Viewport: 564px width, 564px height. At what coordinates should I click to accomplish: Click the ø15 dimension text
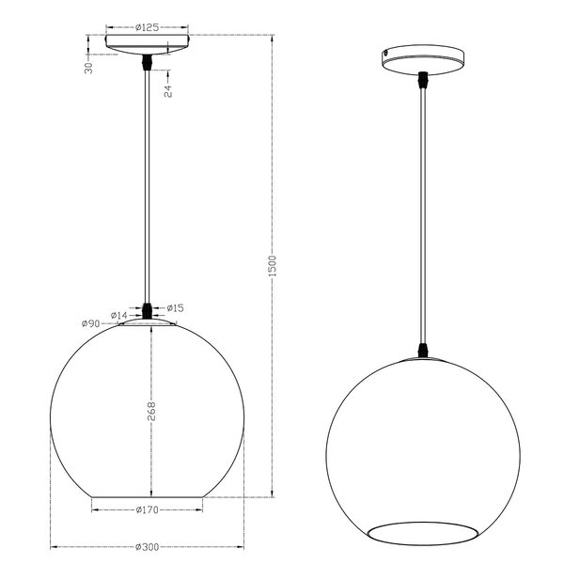tap(175, 307)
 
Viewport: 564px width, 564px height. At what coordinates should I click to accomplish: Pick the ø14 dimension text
tap(118, 315)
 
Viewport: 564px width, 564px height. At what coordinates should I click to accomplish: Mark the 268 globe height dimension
tap(151, 412)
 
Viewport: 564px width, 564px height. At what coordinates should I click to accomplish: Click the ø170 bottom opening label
tap(146, 510)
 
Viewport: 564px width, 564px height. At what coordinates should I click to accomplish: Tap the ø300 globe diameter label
tap(146, 547)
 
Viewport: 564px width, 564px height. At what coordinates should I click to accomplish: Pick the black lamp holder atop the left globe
tap(147, 310)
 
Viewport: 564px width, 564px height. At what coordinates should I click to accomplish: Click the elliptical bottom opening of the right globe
tap(423, 530)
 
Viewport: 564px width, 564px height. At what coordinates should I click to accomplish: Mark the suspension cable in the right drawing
tap(423, 216)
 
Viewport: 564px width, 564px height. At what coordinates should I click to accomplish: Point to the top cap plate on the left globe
tap(147, 322)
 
